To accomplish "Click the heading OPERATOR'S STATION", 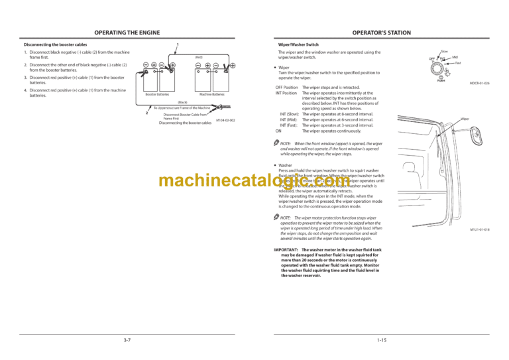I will pyautogui.click(x=380, y=32).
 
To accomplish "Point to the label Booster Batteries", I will pyautogui.click(x=157, y=95).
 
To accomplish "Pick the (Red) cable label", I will pyautogui.click(x=198, y=57).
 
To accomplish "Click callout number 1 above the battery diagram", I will pyautogui.click(x=178, y=45).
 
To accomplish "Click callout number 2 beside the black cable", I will pyautogui.click(x=146, y=113).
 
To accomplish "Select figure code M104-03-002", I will pyautogui.click(x=227, y=119).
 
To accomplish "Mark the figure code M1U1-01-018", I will pyautogui.click(x=479, y=229).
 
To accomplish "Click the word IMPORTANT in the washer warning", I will pyautogui.click(x=288, y=250).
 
